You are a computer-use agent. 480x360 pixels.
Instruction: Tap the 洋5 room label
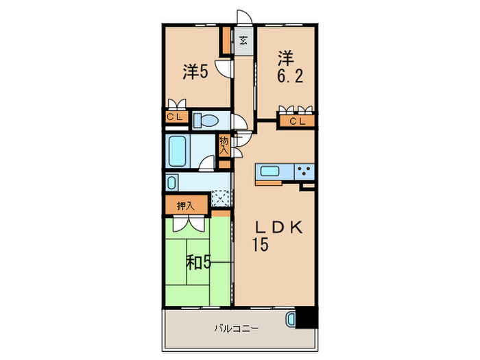coord(195,71)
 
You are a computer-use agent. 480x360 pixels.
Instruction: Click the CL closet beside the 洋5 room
coord(175,117)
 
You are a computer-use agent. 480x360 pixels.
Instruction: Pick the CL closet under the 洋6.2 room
coord(296,122)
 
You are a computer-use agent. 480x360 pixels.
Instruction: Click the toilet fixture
coord(205,121)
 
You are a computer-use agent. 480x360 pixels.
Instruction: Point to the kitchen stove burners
coord(304,172)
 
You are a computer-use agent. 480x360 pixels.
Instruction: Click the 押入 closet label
coord(186,204)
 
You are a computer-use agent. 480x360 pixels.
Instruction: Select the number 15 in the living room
coord(260,244)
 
